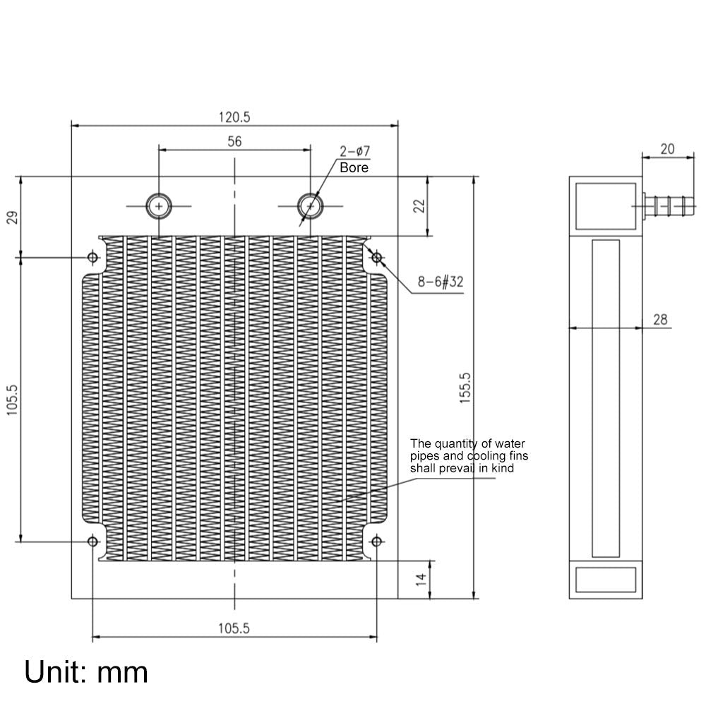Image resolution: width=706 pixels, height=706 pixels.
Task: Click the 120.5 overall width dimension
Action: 234,117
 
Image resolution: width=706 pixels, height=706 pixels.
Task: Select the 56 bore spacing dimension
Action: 234,141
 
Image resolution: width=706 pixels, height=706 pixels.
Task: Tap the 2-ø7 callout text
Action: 354,152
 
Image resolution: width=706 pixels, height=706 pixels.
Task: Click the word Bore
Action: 354,168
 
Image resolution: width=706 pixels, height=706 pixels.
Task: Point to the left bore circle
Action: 159,205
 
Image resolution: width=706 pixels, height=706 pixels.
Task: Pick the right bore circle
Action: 309,205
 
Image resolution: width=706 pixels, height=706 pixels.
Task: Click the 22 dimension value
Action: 419,205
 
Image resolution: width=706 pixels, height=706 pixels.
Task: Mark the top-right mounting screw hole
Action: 377,257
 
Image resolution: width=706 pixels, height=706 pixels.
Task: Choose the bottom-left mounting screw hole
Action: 92,542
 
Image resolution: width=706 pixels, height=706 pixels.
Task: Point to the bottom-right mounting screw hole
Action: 377,542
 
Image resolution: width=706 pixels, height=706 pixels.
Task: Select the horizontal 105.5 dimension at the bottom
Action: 234,628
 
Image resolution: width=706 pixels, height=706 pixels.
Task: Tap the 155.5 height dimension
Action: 465,388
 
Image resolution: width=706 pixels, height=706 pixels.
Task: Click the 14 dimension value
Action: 420,579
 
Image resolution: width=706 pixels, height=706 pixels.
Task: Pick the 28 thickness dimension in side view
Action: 660,320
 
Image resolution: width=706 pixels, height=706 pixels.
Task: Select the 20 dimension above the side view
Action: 667,148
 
